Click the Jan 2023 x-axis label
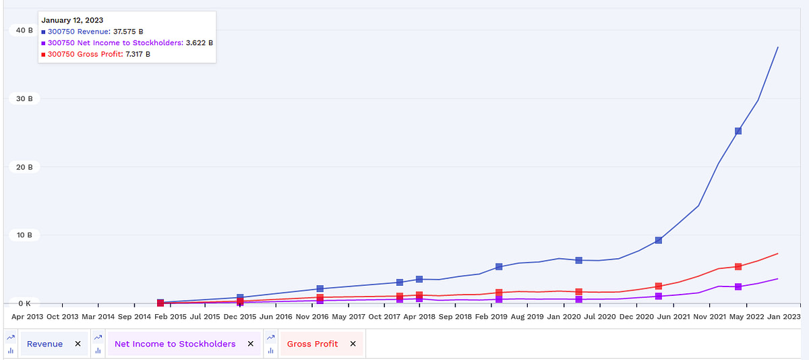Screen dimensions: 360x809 pos(783,316)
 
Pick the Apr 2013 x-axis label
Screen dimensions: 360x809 pos(27,316)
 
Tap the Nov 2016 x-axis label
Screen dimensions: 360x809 pos(311,316)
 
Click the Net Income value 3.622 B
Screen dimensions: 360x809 pos(199,42)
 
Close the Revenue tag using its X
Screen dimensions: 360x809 pos(78,344)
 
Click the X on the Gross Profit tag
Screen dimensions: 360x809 pos(353,344)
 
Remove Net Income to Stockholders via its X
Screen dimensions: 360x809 pos(250,344)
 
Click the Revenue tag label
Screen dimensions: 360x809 pos(44,344)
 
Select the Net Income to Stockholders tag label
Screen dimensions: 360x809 pos(175,344)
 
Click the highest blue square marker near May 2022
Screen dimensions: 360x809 pos(738,131)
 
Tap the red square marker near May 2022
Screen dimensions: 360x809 pos(738,267)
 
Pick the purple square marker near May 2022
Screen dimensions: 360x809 pos(738,287)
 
